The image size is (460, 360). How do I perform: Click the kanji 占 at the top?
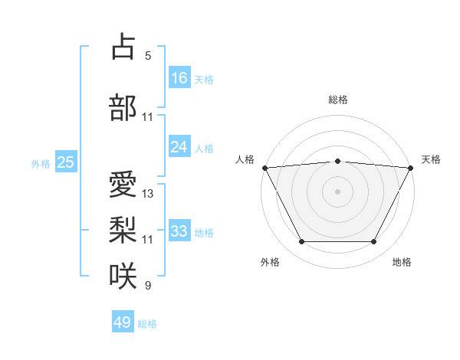(x=123, y=47)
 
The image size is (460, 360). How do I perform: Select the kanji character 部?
(x=123, y=108)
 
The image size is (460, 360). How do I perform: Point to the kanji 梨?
(x=123, y=230)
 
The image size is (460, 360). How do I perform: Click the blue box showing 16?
(x=179, y=78)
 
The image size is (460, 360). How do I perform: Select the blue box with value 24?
(x=179, y=147)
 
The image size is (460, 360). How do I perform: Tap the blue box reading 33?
(x=179, y=231)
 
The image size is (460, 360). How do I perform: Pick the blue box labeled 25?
(x=65, y=162)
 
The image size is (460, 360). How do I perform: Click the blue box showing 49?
(x=123, y=322)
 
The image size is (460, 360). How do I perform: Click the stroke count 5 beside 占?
(x=148, y=56)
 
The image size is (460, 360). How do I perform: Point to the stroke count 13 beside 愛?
(x=148, y=194)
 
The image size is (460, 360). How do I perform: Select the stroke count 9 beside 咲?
(x=148, y=286)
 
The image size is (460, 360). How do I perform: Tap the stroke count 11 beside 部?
(x=148, y=117)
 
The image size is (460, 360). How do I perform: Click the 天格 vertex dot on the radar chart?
(x=411, y=167)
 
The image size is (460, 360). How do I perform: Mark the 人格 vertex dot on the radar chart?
(x=264, y=167)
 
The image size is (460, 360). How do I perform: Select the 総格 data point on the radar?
(x=337, y=161)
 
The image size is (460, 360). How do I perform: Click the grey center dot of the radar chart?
(x=337, y=191)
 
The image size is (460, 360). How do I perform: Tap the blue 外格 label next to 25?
(x=41, y=163)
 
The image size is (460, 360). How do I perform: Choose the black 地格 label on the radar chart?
(x=402, y=262)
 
